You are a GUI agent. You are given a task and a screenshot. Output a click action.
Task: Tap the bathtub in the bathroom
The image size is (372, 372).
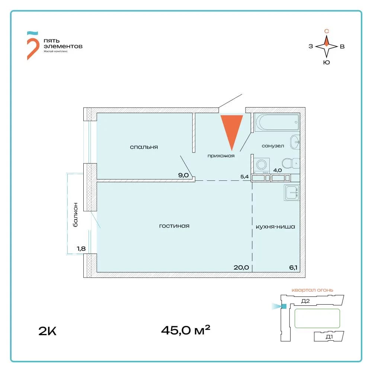[x=277, y=122]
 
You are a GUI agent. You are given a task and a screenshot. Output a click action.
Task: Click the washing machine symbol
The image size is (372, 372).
[x=262, y=165]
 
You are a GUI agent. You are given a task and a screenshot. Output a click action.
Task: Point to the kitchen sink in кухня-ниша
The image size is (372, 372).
[x=292, y=193]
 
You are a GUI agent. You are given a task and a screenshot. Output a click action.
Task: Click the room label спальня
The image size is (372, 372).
[x=144, y=147]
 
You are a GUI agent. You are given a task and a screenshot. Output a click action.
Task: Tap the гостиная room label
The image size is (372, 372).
[x=174, y=226]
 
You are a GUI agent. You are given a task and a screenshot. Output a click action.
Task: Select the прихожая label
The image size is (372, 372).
[x=221, y=156]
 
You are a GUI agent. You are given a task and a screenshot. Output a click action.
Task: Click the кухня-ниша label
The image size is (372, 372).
[x=275, y=227]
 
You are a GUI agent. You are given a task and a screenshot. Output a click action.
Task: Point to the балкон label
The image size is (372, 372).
[x=75, y=215]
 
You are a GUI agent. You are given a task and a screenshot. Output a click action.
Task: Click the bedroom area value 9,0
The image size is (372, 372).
[x=183, y=175]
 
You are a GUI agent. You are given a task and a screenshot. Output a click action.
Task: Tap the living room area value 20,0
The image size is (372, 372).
[x=241, y=267]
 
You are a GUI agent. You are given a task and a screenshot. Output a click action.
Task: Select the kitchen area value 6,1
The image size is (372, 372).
[x=293, y=267]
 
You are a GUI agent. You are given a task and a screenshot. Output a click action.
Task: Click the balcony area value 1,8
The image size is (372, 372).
[x=81, y=248]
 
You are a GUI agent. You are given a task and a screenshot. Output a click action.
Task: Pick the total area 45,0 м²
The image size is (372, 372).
[x=186, y=330]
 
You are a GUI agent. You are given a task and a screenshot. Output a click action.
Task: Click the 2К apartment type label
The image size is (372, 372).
[x=48, y=331]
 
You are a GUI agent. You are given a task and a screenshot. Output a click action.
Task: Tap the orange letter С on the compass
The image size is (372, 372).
[x=327, y=31]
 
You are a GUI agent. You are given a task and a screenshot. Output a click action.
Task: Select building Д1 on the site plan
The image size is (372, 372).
[x=329, y=337]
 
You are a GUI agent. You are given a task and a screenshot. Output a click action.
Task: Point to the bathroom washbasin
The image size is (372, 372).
[x=295, y=142]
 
